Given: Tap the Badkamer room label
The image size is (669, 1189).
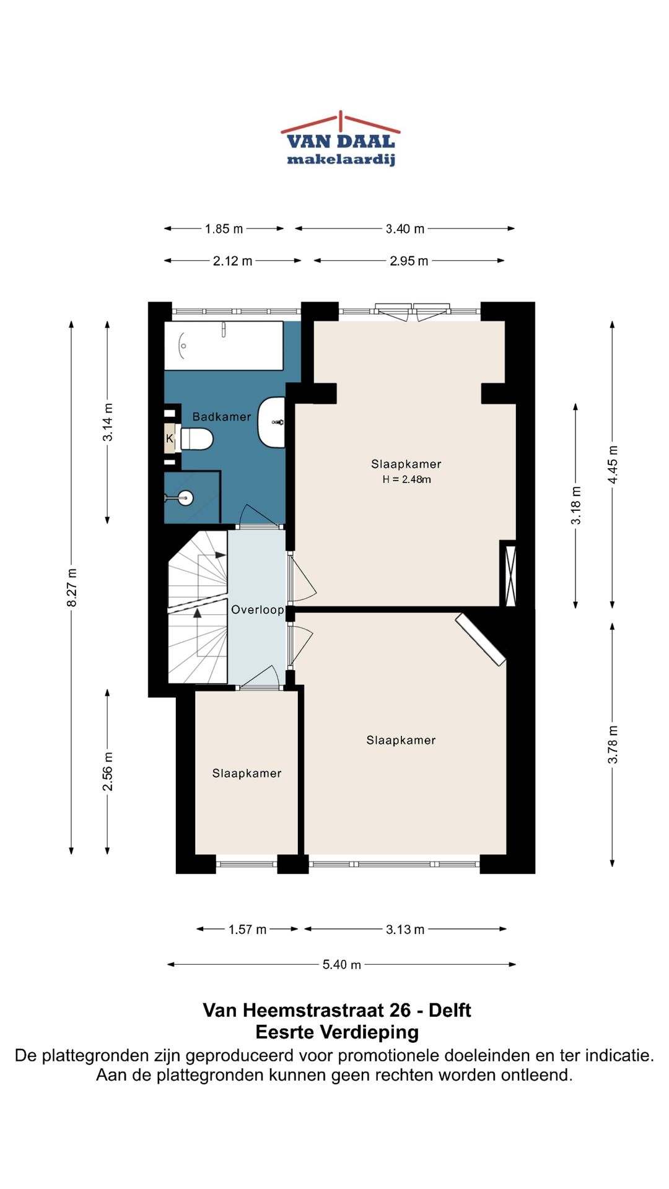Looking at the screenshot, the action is [x=222, y=417].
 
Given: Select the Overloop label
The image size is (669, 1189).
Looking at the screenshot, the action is [x=258, y=610].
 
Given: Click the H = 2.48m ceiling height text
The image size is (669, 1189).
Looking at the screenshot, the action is [x=406, y=479].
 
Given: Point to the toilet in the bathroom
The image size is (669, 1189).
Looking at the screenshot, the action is [x=196, y=439].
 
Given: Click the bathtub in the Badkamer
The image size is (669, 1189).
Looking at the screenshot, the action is [x=224, y=346].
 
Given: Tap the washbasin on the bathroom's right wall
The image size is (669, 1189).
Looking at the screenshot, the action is [x=271, y=422].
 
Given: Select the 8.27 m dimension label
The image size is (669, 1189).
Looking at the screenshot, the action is [x=72, y=587].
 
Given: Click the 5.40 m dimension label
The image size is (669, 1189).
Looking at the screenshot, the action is [x=341, y=965].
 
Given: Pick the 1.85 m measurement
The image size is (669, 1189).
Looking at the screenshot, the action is [x=224, y=229].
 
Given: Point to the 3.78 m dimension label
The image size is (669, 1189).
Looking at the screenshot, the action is [x=613, y=744].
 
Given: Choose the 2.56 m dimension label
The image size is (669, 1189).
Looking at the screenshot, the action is [x=108, y=772].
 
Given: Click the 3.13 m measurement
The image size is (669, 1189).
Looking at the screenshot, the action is [x=405, y=930].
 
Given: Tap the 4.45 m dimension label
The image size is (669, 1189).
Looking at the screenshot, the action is [x=613, y=464].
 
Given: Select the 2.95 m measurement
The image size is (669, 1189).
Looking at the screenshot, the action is [x=409, y=261].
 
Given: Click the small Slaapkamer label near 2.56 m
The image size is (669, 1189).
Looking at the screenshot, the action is [x=247, y=773].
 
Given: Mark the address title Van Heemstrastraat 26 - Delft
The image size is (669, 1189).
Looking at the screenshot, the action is [x=337, y=1011].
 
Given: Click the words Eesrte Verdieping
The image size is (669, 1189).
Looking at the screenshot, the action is [x=337, y=1032].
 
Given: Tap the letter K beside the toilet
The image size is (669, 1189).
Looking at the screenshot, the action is [x=169, y=439].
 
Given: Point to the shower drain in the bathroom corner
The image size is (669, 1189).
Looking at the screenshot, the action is [x=185, y=497].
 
